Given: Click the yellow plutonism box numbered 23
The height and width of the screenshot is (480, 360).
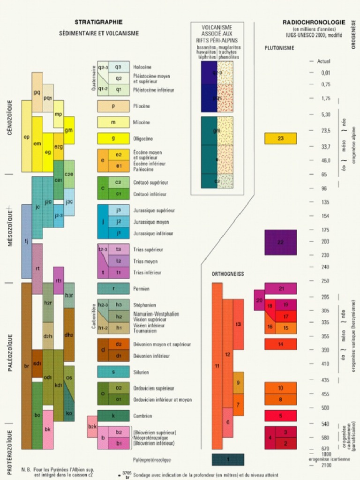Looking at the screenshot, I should tap(280, 138).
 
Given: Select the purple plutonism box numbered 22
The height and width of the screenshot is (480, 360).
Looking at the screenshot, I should tap(280, 242).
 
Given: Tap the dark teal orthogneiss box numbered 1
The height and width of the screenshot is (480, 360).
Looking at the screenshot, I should tap(228, 459).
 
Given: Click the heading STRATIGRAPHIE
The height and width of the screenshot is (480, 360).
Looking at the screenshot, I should tap(98, 22).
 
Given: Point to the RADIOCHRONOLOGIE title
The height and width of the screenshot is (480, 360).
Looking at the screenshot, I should tap(314, 22).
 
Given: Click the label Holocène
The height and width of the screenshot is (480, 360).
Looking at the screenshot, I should tap(142, 67).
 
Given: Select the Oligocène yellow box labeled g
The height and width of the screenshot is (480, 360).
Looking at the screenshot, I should tap(113, 138).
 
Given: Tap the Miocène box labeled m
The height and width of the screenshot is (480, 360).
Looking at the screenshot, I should tap(113, 122).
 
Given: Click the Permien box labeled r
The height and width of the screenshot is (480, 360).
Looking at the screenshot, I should tap(113, 288).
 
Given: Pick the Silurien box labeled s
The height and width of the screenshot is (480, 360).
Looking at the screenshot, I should tap(113, 372).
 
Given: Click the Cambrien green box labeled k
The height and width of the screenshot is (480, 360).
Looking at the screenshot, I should tap(113, 416).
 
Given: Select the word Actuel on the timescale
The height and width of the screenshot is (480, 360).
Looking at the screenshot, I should tap(324, 61).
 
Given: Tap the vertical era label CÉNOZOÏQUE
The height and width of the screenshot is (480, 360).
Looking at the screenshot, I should tap(10, 118).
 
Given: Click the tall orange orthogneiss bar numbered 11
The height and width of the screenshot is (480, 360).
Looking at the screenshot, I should tap(217, 366).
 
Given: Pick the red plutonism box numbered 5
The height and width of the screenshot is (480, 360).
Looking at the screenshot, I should tap(280, 416).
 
